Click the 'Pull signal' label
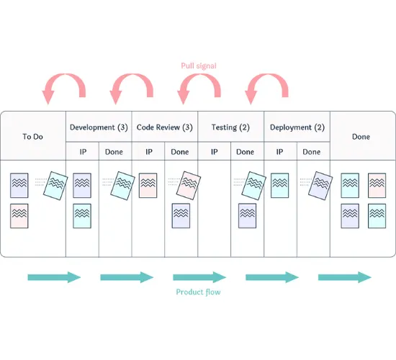pos(198,66)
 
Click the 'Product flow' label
pos(198,292)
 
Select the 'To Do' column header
pos(33,135)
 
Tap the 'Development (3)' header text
pos(99,127)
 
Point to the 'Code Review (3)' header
pos(165,127)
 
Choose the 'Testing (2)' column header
pos(231,127)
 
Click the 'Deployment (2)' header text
pos(297,127)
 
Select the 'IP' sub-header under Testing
pos(214,152)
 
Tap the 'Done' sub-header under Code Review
pos(181,152)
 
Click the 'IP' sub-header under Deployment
pos(280,152)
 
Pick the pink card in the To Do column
pos(20,216)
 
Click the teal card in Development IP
pos(82,216)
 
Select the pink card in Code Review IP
pos(148,185)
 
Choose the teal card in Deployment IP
pos(280,185)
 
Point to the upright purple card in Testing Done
pos(248,216)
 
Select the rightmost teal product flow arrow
pos(345,277)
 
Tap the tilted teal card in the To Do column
pos(56,186)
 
